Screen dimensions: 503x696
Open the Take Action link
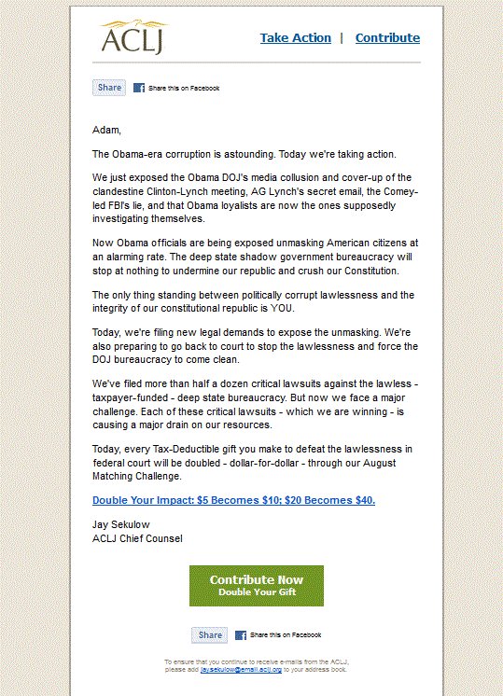click(x=295, y=38)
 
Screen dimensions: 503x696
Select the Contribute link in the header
click(x=387, y=38)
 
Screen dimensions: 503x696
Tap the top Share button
click(x=109, y=88)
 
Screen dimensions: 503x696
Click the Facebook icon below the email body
click(x=241, y=635)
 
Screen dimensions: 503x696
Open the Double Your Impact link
click(x=233, y=500)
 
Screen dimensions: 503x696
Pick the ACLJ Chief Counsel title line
click(x=137, y=538)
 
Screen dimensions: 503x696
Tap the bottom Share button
click(x=210, y=635)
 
